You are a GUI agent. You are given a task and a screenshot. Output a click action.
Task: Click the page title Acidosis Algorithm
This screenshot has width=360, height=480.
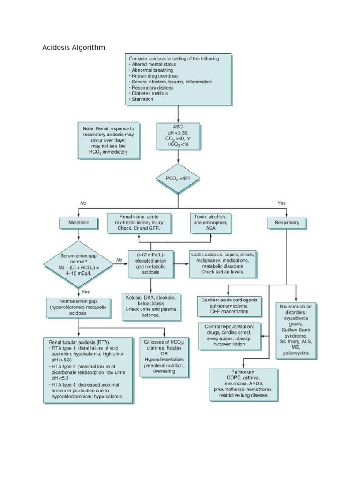click(x=74, y=47)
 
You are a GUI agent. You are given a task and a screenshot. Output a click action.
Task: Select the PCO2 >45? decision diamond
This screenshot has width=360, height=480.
click(x=177, y=179)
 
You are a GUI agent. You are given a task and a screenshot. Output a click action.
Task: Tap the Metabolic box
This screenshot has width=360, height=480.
click(x=78, y=223)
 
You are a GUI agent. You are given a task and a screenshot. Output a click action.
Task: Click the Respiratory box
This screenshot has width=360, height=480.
click(x=287, y=223)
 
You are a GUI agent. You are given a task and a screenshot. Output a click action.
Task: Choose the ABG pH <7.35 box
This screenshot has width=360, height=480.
click(x=178, y=136)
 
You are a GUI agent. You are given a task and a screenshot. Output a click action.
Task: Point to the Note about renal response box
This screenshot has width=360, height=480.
click(x=108, y=140)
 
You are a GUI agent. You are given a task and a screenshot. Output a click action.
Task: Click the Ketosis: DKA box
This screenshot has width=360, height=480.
click(x=151, y=306)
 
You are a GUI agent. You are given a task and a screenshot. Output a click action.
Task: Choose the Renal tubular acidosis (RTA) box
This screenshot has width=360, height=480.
click(x=88, y=370)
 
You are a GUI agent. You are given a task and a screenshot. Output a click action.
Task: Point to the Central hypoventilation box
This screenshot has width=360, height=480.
click(x=229, y=335)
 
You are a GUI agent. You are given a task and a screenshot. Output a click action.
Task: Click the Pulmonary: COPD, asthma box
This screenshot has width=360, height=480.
click(x=243, y=384)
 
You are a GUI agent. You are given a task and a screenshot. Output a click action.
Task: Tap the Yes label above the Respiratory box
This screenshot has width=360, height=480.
click(x=281, y=203)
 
